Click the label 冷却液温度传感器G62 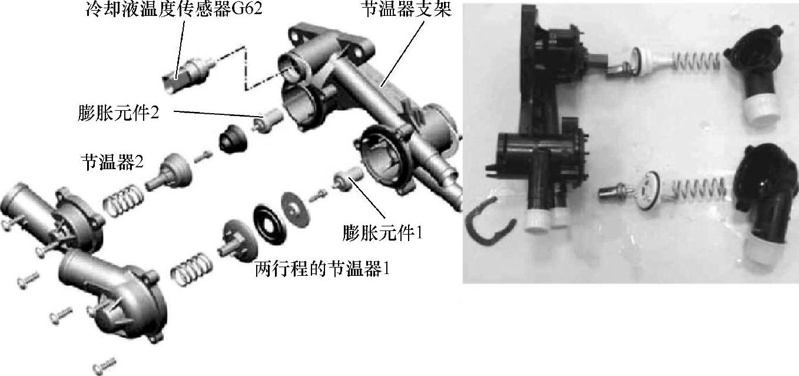[174, 9]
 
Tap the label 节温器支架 [406, 9]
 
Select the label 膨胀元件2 [118, 113]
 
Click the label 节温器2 [112, 162]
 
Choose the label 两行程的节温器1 [321, 269]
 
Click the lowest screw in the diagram [104, 366]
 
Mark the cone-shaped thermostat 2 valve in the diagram [170, 173]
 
